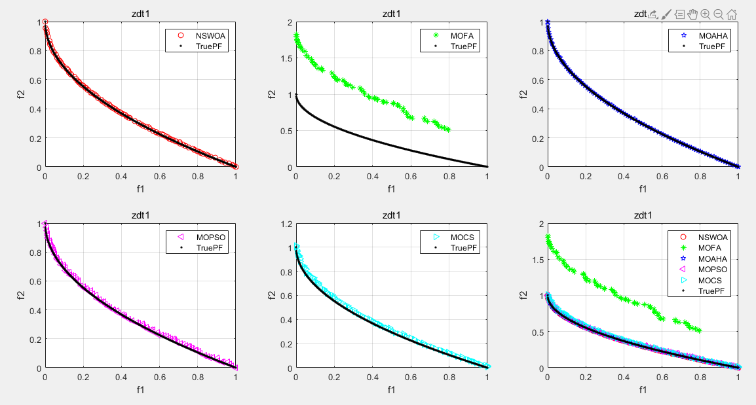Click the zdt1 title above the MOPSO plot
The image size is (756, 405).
point(140,214)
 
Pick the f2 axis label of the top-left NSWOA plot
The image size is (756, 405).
point(19,95)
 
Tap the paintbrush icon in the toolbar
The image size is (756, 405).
point(666,14)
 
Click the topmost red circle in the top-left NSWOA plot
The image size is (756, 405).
point(45,22)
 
